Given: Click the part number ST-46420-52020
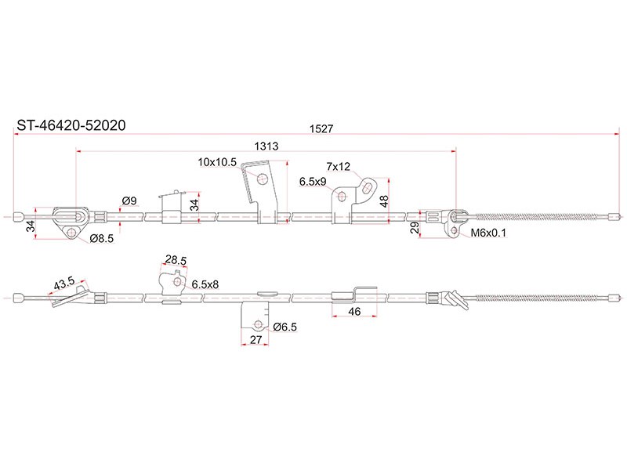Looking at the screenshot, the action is point(71,125).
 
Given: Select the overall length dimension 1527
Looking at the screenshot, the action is point(321,128).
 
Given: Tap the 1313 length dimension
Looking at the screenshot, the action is point(266,146).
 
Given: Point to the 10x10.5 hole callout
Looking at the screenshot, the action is point(217,162).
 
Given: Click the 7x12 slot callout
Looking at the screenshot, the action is point(338,166).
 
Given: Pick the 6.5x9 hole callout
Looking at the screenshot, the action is point(313,182).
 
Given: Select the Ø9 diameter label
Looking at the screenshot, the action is point(129,201).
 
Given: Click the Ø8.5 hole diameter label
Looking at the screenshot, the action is point(102,239).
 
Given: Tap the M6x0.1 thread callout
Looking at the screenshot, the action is point(488,233).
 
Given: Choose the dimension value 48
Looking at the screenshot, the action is point(384,201).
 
